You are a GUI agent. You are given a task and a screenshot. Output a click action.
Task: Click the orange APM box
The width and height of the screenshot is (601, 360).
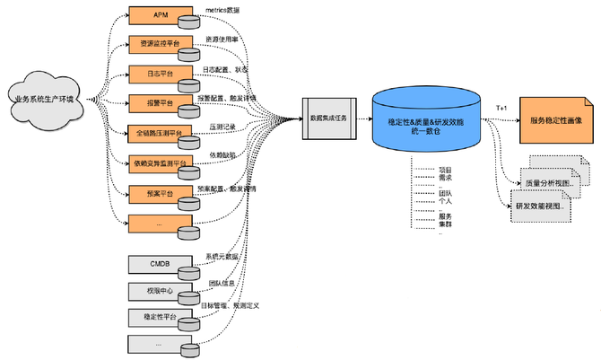pyautogui.click(x=161, y=15)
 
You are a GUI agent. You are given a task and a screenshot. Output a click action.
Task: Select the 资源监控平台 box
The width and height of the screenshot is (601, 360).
pyautogui.click(x=161, y=44)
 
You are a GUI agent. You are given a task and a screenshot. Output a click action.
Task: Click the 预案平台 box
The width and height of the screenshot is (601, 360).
pyautogui.click(x=161, y=192)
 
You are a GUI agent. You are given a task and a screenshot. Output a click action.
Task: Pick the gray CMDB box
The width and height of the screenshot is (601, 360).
pyautogui.click(x=161, y=264)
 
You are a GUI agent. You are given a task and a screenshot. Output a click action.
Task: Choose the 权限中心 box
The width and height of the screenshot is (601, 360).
pyautogui.click(x=161, y=291)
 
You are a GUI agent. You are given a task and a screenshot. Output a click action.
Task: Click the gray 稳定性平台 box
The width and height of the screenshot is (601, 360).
pyautogui.click(x=161, y=317)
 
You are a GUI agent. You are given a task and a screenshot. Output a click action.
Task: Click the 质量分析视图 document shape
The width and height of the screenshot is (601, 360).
pyautogui.click(x=555, y=183)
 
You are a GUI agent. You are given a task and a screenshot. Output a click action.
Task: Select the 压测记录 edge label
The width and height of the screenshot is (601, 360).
pyautogui.click(x=222, y=127)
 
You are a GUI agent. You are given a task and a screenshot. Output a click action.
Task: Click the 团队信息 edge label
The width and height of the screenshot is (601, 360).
pyautogui.click(x=221, y=283)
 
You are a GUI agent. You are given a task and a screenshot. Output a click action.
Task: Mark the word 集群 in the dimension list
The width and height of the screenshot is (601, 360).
pyautogui.click(x=444, y=224)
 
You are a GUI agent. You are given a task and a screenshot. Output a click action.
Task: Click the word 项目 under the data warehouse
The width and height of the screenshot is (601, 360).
pyautogui.click(x=444, y=169)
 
